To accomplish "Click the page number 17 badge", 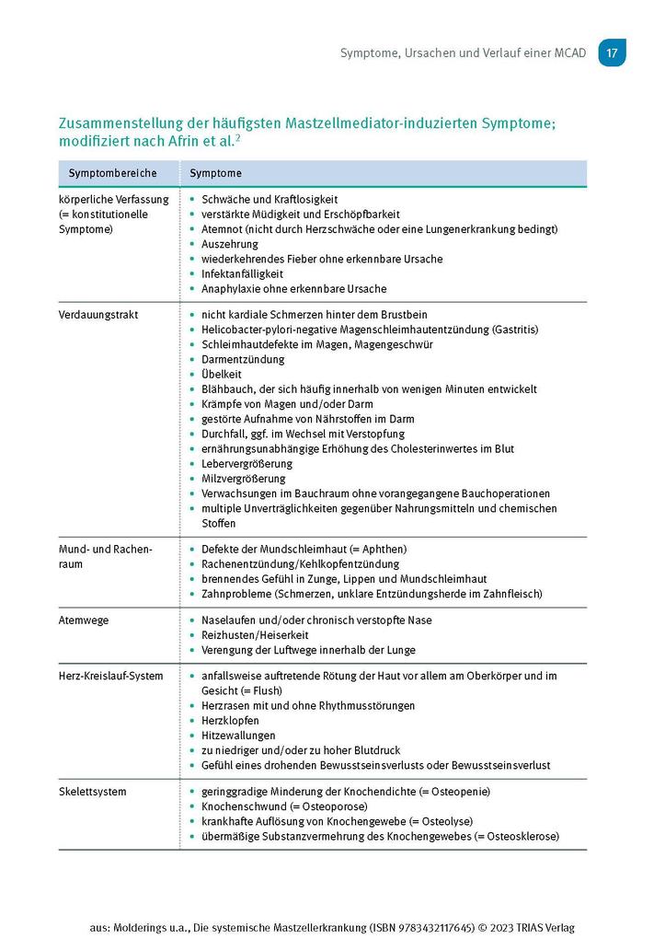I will tap(612, 52).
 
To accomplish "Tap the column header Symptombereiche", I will tap(112, 173).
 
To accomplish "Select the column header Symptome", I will tap(215, 173).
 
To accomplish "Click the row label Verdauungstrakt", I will tap(98, 315).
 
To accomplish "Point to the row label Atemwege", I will tap(84, 620).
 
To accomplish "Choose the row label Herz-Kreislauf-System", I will tap(110, 676).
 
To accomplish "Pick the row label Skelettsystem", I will tap(93, 792).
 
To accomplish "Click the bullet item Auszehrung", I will tap(230, 244).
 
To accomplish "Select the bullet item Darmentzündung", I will tap(243, 359).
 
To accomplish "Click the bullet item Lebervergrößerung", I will tap(247, 464).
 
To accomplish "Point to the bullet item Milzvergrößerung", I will tap(244, 479).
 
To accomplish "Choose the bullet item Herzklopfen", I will tap(230, 721).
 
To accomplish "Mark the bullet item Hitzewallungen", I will tap(238, 736).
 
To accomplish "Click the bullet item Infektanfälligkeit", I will tap(242, 274).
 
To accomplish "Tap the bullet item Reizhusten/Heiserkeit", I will tap(255, 635).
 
